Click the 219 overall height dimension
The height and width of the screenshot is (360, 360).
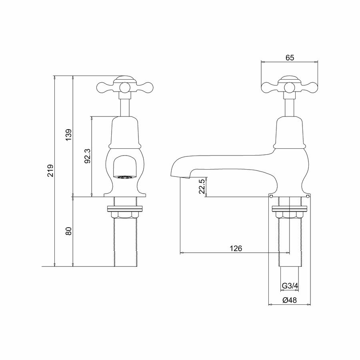pyautogui.click(x=50, y=170)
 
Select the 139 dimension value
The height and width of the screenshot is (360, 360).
pyautogui.click(x=69, y=135)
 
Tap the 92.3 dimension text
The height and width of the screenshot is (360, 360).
pyautogui.click(x=88, y=156)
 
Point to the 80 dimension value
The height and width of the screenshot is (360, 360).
pyautogui.click(x=69, y=231)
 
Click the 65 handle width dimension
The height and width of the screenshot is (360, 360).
pyautogui.click(x=290, y=58)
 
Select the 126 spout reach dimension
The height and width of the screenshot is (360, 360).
pyautogui.click(x=236, y=248)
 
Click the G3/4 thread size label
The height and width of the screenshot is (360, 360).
pyautogui.click(x=290, y=286)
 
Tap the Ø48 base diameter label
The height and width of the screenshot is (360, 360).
pyautogui.click(x=290, y=300)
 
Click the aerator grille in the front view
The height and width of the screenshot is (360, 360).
pyautogui.click(x=125, y=177)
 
